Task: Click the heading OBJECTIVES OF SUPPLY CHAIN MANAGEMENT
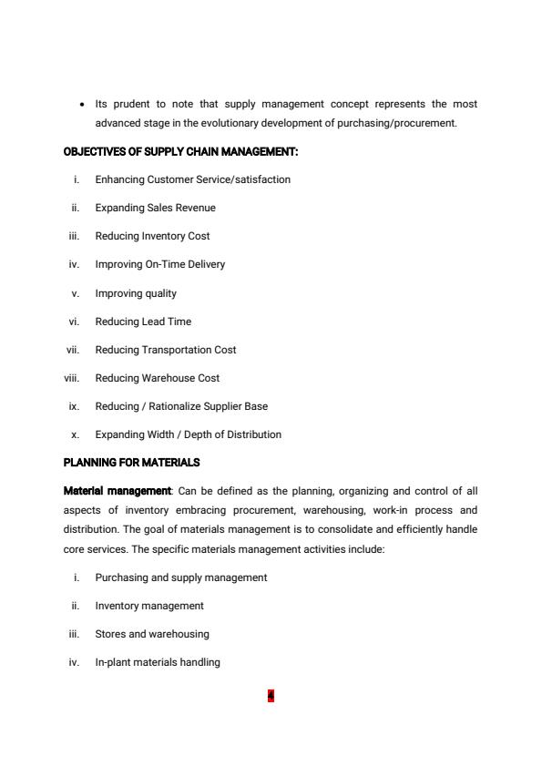(180, 151)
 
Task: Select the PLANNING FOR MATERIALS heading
(131, 463)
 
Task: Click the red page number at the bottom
(271, 697)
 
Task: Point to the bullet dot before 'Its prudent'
(83, 105)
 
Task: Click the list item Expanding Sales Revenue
(155, 208)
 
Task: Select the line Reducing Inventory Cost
(152, 236)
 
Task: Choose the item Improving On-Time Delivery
(159, 264)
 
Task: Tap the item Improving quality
(136, 293)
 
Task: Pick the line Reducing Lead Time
(143, 322)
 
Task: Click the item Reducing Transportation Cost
(165, 350)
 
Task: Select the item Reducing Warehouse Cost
(157, 378)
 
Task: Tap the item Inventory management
(149, 606)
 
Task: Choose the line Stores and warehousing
(151, 634)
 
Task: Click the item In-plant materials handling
(158, 662)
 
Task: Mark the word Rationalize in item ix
(184, 406)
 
